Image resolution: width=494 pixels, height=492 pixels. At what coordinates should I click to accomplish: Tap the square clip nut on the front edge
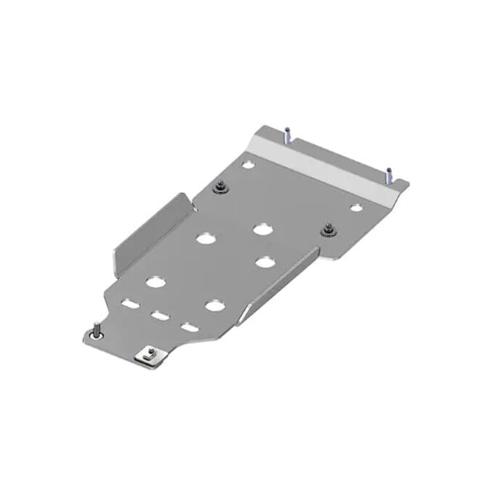tap(150, 355)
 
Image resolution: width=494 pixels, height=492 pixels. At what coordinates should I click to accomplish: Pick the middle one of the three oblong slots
tap(159, 316)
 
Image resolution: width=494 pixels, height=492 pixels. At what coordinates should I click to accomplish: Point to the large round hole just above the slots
tap(155, 282)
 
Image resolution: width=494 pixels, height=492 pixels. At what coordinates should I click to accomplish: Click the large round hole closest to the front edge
tap(214, 306)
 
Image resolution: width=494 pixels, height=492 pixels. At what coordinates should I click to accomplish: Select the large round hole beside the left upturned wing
tap(205, 237)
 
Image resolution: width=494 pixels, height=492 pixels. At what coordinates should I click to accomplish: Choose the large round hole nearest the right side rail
tap(264, 262)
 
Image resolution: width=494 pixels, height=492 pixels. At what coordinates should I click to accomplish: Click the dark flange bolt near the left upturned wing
tap(219, 189)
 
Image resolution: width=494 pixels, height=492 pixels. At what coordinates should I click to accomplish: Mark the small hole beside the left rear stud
tap(248, 165)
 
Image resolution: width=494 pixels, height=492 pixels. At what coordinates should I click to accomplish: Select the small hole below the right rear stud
tap(356, 208)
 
